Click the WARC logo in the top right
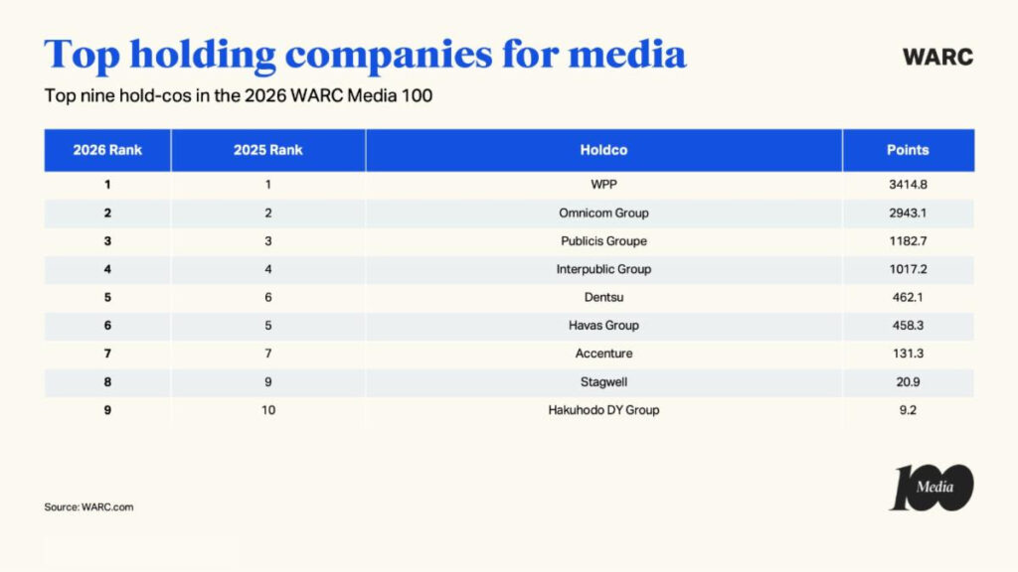tap(936, 57)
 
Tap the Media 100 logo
tap(931, 488)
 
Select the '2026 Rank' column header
tap(107, 150)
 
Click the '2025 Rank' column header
tap(267, 150)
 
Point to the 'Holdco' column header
tap(603, 150)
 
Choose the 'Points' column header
tap(907, 150)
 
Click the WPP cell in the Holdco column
tap(603, 185)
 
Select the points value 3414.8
tap(907, 185)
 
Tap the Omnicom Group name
tap(603, 213)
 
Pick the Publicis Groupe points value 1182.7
tap(907, 241)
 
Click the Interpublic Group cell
tap(603, 269)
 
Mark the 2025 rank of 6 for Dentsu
tap(267, 297)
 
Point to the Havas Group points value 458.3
tap(907, 325)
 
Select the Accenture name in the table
tap(603, 354)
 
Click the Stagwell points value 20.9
tap(907, 381)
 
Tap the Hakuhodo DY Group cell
tap(603, 409)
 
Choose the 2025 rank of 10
tap(267, 409)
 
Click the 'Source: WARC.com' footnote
tap(88, 506)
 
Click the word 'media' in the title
tap(628, 54)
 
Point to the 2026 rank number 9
tap(107, 409)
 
